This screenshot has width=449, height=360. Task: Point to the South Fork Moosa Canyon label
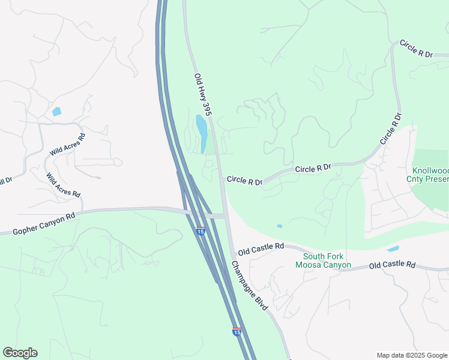click(x=323, y=260)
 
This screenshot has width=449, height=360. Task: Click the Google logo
click(x=20, y=353)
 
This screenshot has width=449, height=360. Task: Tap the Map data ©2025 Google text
click(x=411, y=355)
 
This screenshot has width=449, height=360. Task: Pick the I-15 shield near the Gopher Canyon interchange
click(x=200, y=230)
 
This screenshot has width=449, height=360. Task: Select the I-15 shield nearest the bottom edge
click(x=237, y=331)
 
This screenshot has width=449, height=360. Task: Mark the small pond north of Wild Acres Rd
click(x=56, y=112)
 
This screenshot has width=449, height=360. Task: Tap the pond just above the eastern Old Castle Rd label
click(x=393, y=249)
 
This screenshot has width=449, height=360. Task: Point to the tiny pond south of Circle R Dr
click(x=279, y=226)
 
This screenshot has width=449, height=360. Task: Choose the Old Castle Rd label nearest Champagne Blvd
click(x=261, y=247)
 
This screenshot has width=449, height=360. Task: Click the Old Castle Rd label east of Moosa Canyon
click(x=392, y=265)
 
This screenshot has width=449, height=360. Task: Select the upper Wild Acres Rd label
click(x=68, y=145)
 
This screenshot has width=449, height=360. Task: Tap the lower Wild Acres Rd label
click(x=63, y=185)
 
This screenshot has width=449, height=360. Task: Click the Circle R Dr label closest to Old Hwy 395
click(x=244, y=181)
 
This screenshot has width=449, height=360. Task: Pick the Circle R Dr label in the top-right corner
click(x=416, y=49)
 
